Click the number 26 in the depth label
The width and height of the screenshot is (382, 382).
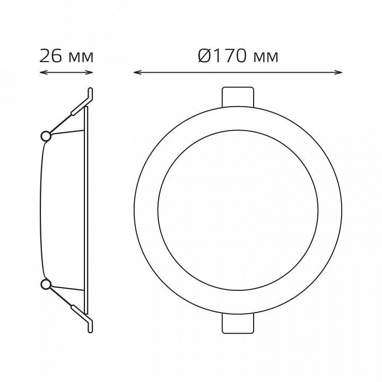[50, 56]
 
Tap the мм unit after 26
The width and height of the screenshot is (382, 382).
[81, 58]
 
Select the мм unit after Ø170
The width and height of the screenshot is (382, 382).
[266, 58]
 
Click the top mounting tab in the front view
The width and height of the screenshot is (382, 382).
[238, 97]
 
